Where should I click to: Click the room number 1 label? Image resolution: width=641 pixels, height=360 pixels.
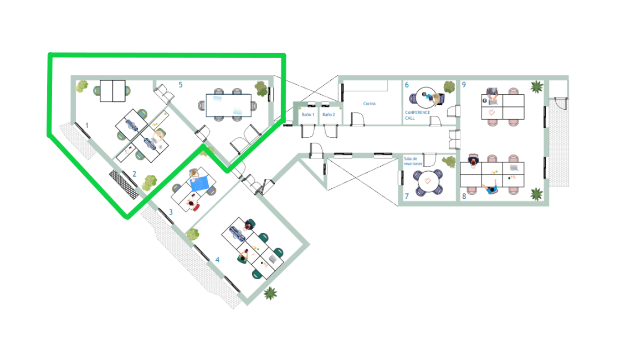point(86,126)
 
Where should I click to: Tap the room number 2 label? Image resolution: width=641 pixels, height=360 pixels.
point(134,174)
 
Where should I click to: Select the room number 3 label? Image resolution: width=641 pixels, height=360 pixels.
point(171,212)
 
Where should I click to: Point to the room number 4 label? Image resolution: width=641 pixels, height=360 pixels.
point(218,260)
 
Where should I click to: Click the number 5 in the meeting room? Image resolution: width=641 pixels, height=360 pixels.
point(180,85)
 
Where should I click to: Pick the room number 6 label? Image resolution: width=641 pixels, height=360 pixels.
point(407,85)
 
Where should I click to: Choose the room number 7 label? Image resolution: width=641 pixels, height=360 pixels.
point(407,196)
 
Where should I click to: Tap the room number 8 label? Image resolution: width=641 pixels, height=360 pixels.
point(464,196)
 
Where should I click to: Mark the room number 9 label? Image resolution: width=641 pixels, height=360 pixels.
point(464,85)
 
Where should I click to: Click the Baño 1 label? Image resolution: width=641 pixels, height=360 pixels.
point(308,115)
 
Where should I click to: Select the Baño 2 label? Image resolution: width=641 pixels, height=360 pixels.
point(329,115)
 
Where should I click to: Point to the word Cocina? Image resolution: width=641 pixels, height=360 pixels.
point(369,104)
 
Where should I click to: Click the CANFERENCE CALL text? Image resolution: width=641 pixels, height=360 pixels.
point(417,115)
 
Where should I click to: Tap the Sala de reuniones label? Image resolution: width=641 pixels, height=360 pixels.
point(413,161)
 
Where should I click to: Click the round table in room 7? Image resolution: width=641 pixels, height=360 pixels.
point(428,181)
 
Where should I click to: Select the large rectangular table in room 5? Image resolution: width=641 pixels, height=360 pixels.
point(228,105)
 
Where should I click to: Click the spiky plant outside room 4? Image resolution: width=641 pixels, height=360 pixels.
point(270,293)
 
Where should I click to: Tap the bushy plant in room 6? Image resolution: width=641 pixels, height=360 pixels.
point(449,87)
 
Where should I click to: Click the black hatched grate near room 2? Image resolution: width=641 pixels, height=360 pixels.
point(124,184)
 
